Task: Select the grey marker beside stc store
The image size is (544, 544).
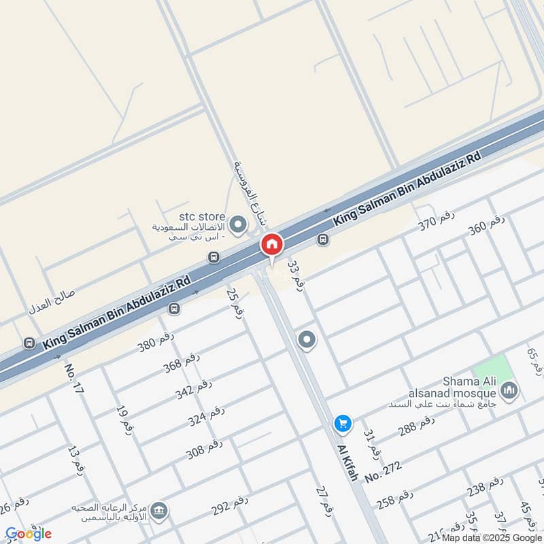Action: (x=238, y=224)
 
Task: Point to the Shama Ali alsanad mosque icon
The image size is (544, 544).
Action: (x=509, y=391)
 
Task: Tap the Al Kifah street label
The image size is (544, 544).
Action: (x=347, y=462)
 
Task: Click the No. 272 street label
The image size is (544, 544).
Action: (x=383, y=471)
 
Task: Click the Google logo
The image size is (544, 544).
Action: (x=29, y=533)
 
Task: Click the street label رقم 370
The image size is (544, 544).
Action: (x=436, y=221)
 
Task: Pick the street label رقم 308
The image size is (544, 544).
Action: (x=205, y=449)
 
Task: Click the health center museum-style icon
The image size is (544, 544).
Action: (x=158, y=511)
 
